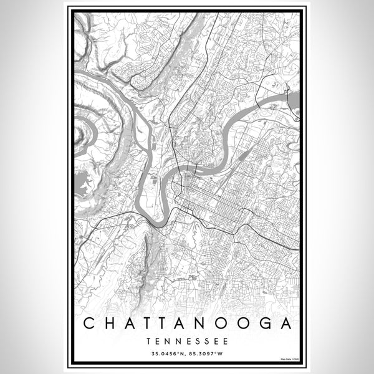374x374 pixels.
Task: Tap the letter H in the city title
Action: [x=108, y=324]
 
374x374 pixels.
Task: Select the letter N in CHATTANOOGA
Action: [x=186, y=324]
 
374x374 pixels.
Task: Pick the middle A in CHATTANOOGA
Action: [x=166, y=324]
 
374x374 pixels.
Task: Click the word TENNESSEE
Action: [x=187, y=341]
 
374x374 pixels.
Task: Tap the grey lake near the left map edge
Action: [x=81, y=183]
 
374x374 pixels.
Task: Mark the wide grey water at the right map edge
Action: [x=294, y=100]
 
